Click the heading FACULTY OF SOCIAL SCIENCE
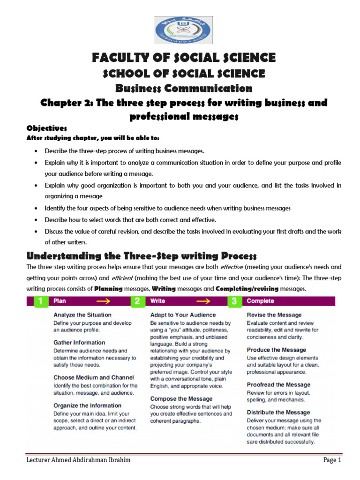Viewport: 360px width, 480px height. (184, 58)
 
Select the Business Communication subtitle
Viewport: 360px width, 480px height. (184, 88)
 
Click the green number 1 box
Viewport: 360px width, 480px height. (41, 301)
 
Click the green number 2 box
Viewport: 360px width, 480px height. (138, 301)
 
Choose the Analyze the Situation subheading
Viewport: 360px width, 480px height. (82, 315)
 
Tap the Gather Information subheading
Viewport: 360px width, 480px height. (79, 343)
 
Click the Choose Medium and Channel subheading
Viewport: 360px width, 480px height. (94, 377)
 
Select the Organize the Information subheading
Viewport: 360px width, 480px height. (87, 405)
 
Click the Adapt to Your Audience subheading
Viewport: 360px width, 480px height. (183, 315)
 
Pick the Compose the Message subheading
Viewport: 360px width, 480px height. (181, 399)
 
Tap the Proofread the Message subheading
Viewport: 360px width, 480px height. (278, 385)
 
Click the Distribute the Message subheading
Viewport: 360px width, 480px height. (278, 412)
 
